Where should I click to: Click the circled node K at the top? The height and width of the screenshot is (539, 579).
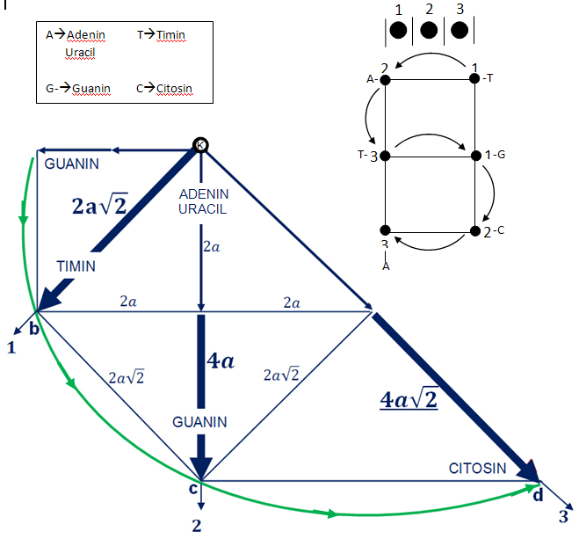tap(200, 145)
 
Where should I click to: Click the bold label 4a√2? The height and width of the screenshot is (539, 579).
tap(409, 401)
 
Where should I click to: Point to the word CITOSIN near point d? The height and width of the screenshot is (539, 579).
tap(477, 468)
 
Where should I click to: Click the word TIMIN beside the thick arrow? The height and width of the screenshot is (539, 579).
tap(76, 266)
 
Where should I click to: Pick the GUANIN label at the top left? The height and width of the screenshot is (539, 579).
tap(72, 164)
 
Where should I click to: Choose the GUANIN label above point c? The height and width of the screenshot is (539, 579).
tap(199, 422)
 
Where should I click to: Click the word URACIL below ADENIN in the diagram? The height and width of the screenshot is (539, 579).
tap(203, 209)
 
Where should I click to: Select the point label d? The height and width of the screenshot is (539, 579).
tap(538, 496)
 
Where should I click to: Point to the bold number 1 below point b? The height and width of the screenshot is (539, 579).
tap(11, 348)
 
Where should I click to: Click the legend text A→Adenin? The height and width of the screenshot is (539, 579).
tap(76, 35)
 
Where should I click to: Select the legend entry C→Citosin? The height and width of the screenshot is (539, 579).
tap(164, 89)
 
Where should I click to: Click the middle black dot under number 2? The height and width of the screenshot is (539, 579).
tap(428, 31)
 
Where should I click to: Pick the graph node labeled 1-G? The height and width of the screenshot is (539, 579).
tap(474, 156)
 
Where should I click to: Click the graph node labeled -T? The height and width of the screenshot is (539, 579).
tap(474, 78)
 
